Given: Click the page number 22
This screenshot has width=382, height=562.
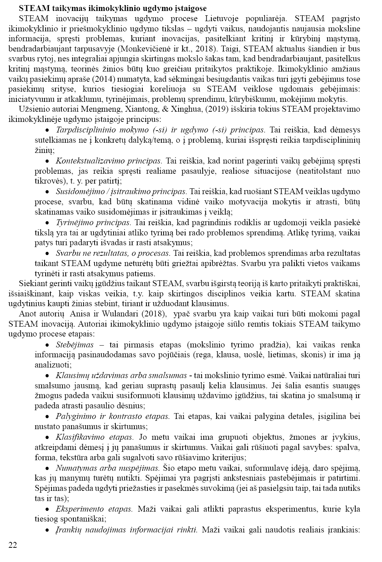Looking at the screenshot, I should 13,545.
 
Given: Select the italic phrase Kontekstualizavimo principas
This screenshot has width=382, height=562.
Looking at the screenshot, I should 109,161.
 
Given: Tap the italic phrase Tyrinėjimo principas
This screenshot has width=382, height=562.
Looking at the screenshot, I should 93,222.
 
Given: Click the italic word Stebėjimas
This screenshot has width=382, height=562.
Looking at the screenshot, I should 75,344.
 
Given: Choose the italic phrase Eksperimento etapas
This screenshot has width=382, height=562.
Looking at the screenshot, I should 94,509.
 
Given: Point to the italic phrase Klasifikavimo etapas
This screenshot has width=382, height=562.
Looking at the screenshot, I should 95,437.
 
